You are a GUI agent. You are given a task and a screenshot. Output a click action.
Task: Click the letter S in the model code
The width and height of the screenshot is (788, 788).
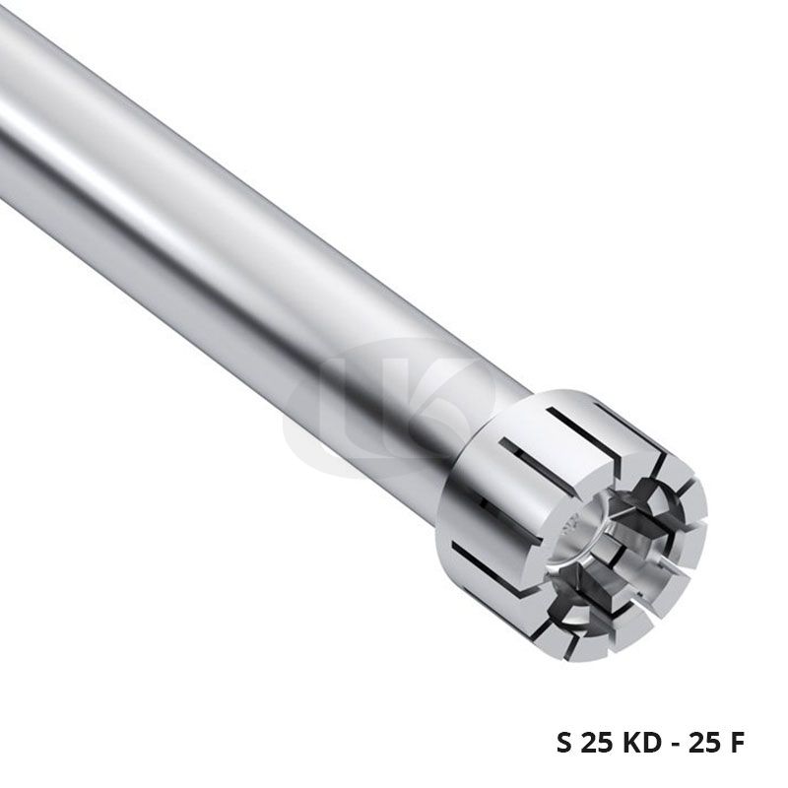tap(564, 743)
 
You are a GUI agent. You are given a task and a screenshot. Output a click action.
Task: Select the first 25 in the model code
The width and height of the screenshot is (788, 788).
tap(597, 743)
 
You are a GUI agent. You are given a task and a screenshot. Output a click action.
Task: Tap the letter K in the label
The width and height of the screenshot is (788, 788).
tap(631, 743)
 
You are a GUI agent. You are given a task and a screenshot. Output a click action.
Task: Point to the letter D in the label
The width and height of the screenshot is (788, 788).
tap(652, 743)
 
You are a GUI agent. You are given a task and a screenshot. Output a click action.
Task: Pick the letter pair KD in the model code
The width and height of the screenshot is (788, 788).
tap(642, 743)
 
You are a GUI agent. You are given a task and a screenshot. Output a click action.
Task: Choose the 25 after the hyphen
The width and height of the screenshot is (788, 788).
tap(703, 743)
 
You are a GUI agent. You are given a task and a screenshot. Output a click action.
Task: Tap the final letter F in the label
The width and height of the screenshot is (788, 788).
tap(736, 743)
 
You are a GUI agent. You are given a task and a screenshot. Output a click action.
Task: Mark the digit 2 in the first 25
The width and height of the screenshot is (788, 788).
tap(589, 743)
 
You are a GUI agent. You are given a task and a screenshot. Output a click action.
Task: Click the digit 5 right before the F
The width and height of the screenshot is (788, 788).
tap(711, 743)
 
